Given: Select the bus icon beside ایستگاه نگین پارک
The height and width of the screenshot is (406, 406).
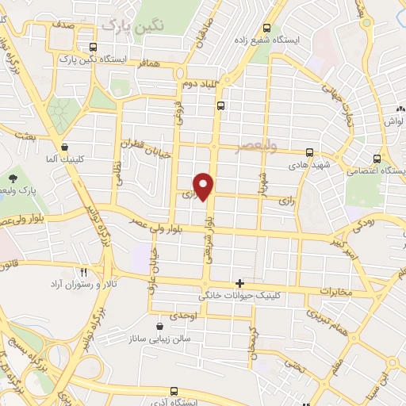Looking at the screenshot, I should tap(94, 47).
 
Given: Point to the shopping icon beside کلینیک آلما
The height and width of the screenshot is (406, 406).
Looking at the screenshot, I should tap(64, 147).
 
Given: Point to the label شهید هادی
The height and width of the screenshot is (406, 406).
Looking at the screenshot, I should tap(308, 164).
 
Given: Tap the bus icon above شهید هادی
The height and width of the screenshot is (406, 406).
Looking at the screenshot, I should tap(309, 152).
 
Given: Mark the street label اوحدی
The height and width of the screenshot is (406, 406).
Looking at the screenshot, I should tap(183, 316).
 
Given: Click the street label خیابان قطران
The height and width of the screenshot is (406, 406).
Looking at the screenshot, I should tap(146, 148).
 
